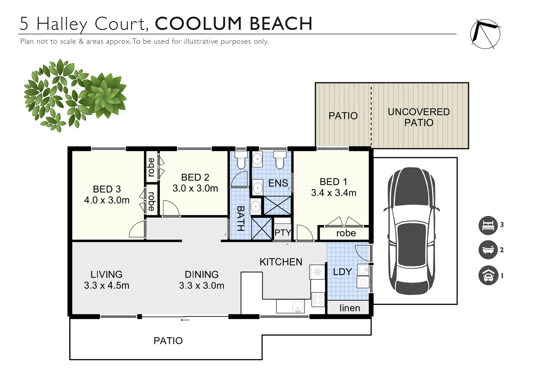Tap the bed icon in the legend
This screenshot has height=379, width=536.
coord(488,225)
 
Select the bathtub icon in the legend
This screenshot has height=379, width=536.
coord(488,250)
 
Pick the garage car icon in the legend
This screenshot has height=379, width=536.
coord(488,275)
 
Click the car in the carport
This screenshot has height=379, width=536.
coord(411,231)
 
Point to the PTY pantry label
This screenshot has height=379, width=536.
coord(283,232)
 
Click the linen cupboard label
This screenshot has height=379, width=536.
coord(350,308)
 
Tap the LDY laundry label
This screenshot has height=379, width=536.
coord(342,272)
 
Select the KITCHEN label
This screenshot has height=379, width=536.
coord(281,262)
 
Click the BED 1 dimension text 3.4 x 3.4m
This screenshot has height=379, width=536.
coord(334,193)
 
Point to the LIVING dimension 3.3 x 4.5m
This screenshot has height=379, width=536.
coord(107,285)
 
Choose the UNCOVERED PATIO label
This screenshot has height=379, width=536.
coord(419,117)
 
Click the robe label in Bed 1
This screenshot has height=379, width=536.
coord(346,233)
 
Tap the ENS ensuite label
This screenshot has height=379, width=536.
coord(278,183)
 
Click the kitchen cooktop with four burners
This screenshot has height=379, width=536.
coord(318,299)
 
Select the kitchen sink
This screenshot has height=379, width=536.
coord(298,306)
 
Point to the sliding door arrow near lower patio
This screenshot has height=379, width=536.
coord(185,320)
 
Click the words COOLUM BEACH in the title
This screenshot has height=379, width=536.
coord(234,24)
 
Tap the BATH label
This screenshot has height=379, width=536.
coord(241,218)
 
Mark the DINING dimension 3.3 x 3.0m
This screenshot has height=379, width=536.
coord(201,285)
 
